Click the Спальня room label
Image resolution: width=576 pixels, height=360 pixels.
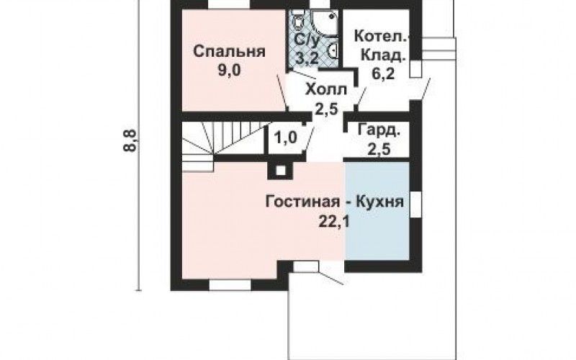point(229,52)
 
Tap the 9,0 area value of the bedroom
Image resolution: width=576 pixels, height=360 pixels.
point(229,70)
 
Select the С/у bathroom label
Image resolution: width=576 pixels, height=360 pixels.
point(307,41)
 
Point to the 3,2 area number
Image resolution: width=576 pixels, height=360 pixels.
point(307,58)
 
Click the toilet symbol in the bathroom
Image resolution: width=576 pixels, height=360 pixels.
point(297,21)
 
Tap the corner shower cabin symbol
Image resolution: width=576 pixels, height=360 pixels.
point(325,23)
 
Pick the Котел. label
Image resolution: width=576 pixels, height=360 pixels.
point(380,37)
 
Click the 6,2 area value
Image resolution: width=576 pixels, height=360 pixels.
point(383,73)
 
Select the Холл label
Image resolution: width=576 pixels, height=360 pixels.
point(326,89)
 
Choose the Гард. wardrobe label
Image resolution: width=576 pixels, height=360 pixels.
point(379,131)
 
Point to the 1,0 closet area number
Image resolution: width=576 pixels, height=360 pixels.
point(285,138)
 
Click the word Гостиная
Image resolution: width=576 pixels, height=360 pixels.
point(302,202)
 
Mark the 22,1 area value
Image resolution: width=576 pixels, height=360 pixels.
point(333,222)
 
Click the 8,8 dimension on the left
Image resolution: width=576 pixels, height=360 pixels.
point(131,140)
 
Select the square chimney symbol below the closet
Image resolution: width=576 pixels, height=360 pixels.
point(281,171)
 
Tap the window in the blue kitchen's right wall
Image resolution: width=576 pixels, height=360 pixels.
point(416,204)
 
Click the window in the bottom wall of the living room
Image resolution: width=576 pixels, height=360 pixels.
point(230,284)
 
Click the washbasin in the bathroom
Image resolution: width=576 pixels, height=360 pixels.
point(333,51)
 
